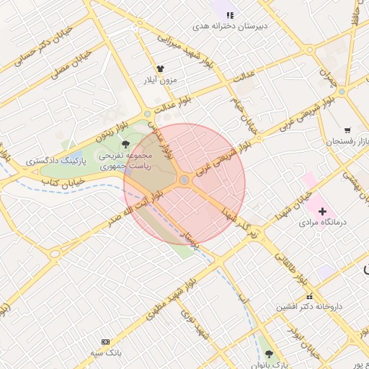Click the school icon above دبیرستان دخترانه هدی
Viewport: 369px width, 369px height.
(x=230, y=14)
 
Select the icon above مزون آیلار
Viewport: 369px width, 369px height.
(x=159, y=68)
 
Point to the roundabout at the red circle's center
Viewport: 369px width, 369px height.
(x=184, y=179)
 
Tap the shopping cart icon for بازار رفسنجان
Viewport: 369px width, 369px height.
(x=347, y=130)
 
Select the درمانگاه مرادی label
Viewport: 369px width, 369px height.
(x=324, y=223)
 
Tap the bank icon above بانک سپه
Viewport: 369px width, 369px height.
(x=105, y=341)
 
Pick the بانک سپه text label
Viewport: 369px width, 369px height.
(x=105, y=352)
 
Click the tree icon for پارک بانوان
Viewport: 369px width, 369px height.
(x=270, y=354)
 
